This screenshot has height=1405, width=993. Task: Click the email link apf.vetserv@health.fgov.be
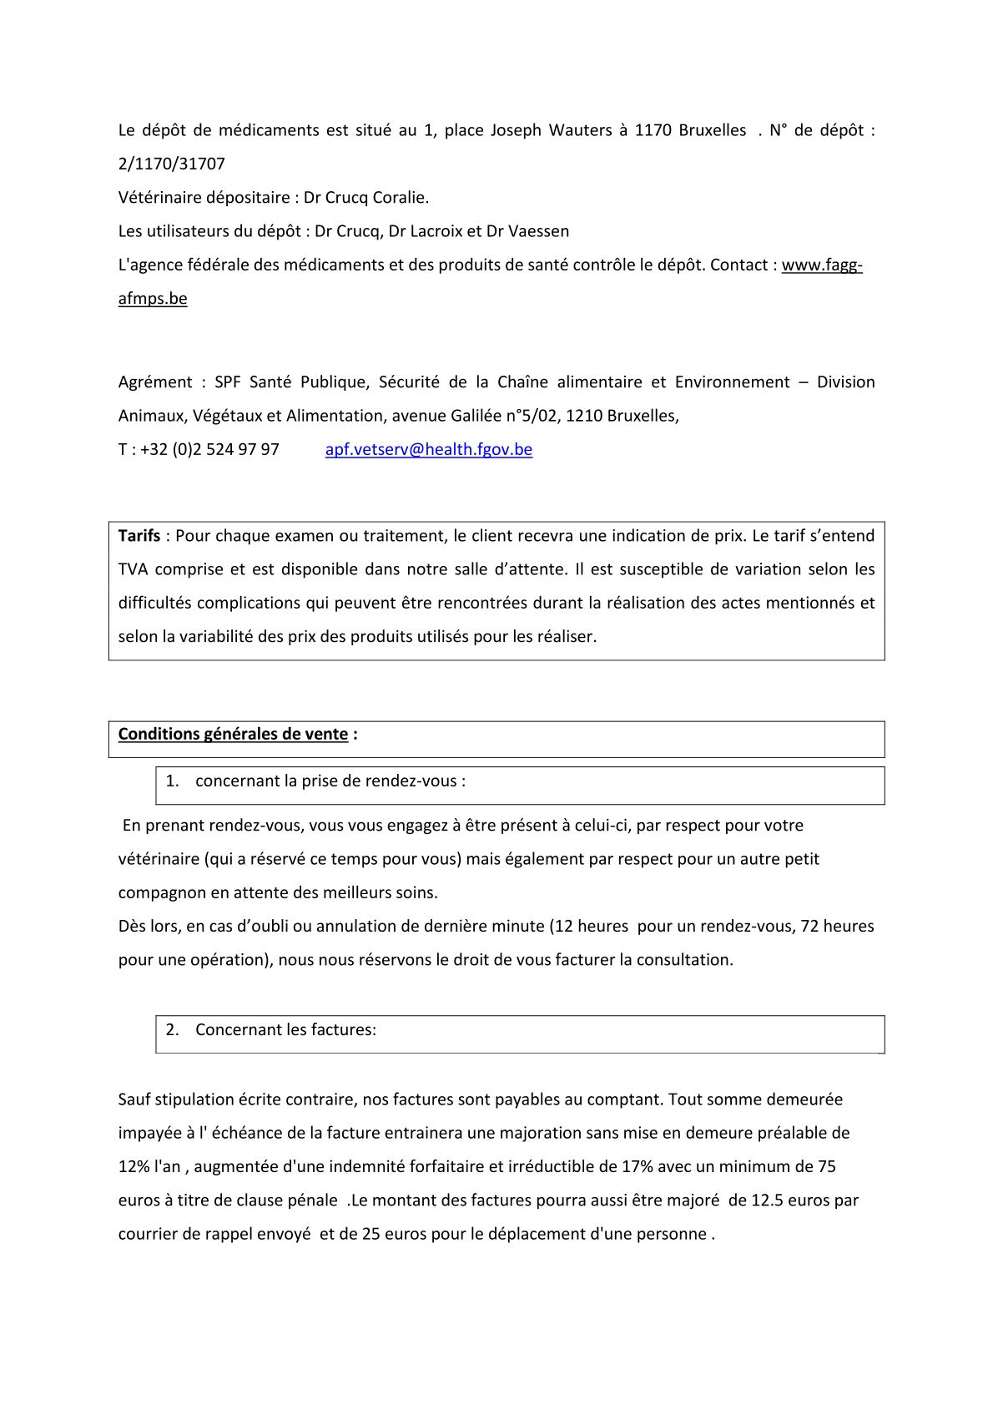click(428, 449)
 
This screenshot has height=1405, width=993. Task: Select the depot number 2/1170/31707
click(171, 164)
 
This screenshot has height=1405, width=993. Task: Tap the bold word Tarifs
click(139, 536)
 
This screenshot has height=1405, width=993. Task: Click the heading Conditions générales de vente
click(233, 734)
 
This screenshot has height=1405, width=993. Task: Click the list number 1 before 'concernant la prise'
click(171, 781)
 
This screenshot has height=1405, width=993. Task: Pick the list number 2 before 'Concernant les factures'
click(171, 1030)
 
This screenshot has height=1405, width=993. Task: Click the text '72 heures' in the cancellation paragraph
click(837, 926)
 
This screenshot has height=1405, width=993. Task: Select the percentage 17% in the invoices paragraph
click(638, 1167)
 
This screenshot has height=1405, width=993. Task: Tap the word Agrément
click(155, 382)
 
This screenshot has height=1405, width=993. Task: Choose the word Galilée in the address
click(478, 416)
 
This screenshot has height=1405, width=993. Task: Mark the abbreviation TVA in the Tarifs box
click(133, 569)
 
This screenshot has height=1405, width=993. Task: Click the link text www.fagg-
click(821, 265)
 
